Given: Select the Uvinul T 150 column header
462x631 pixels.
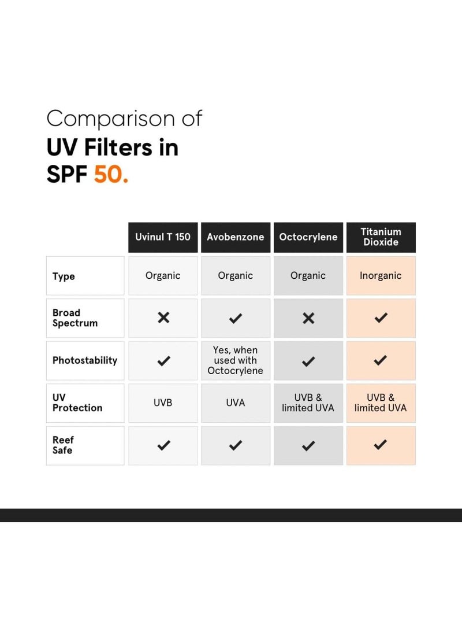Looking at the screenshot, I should click(163, 237).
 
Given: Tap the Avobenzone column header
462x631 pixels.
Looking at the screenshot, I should click(235, 237).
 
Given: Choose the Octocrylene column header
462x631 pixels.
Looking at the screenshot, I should click(308, 237).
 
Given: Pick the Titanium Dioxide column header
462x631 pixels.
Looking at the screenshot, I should click(381, 237).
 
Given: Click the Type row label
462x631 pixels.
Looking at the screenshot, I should click(64, 276).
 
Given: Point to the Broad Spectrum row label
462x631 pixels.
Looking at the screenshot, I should click(74, 318).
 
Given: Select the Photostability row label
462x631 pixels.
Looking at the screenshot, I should click(84, 360).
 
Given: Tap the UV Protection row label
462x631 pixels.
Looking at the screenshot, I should click(77, 403).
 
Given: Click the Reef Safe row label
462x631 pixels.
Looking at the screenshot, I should click(63, 445).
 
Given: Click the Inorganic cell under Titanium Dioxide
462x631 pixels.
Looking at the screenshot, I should click(381, 276).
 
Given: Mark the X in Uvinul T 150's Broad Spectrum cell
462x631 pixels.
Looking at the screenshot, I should click(163, 318).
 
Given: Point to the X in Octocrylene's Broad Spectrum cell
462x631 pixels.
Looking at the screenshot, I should click(308, 318).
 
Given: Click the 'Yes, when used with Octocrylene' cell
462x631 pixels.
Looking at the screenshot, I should click(235, 360).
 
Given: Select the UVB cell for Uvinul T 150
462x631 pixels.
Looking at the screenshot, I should click(163, 403).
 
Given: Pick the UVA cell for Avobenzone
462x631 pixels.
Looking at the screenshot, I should click(235, 403).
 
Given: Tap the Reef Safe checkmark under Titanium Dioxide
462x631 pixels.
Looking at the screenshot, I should click(380, 445).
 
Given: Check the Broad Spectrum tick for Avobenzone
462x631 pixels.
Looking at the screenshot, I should click(236, 318).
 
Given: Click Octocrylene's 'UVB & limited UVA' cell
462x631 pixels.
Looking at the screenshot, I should click(308, 403).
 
